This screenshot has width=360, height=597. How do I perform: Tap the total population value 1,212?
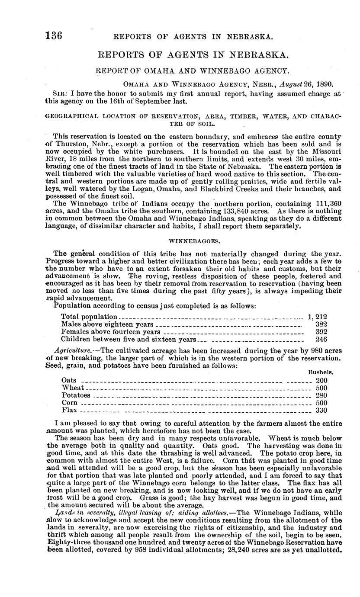click(317, 317)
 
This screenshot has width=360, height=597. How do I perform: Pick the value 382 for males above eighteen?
click(321, 324)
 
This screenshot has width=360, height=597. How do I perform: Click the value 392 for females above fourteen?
click(321, 332)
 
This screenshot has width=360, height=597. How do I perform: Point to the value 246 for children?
click(321, 340)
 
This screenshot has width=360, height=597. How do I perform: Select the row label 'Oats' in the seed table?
click(69, 381)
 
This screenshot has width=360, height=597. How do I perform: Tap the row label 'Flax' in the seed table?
click(70, 410)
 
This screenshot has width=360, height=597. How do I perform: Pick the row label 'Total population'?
click(89, 317)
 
